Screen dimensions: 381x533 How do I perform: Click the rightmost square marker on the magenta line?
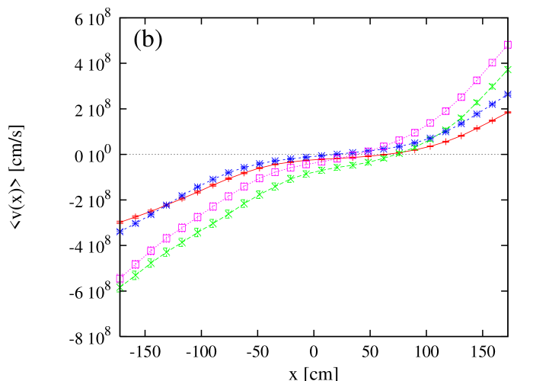pos(508,45)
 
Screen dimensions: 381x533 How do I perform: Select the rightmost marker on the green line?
pos(508,69)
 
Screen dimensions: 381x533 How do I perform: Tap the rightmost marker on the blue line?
pos(508,94)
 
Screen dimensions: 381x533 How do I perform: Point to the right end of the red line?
pos(508,113)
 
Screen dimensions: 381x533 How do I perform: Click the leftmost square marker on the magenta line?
pos(120,278)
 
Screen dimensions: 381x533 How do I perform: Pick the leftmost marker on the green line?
pos(120,288)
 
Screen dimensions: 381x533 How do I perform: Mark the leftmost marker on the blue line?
pos(120,231)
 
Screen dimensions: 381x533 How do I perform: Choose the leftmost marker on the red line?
pos(120,222)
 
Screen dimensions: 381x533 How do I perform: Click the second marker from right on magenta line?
pos(493,62)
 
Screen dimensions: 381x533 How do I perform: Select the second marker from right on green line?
pos(493,86)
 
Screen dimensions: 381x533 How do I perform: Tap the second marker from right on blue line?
pos(493,105)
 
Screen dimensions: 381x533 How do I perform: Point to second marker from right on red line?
pos(493,120)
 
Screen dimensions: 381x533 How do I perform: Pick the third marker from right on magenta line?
pos(477,80)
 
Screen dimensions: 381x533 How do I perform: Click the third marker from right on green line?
pos(477,102)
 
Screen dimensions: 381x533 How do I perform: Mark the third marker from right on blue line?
pos(477,114)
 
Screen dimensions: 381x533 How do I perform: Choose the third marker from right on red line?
pos(477,128)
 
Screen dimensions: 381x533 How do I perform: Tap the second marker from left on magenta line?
pos(136,264)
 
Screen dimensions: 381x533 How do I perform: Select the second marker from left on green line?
pos(136,275)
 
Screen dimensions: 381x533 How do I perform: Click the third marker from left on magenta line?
pos(151,251)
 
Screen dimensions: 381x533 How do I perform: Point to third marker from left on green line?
pos(151,263)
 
